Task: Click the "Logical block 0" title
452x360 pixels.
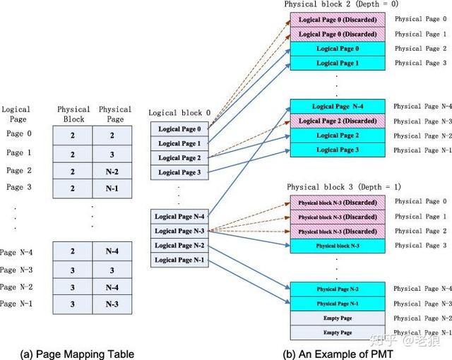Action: click(179, 113)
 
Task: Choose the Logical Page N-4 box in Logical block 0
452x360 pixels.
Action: click(179, 217)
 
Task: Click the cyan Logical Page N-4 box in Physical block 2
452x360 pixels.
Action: click(338, 107)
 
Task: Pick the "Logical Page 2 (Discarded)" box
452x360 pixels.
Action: click(338, 121)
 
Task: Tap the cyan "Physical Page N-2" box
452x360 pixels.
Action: click(338, 289)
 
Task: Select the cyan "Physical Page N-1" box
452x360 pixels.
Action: click(338, 304)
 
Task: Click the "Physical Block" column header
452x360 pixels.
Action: click(73, 114)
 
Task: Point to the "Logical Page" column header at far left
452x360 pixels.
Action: click(16, 114)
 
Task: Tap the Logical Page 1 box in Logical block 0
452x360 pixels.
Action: click(179, 143)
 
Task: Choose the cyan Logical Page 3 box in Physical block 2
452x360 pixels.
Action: click(338, 150)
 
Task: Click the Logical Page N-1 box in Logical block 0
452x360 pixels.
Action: click(179, 260)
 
